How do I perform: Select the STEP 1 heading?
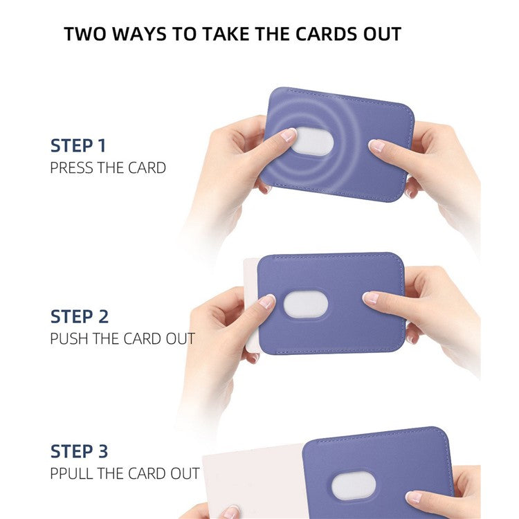(x=78, y=146)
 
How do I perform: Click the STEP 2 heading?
(x=79, y=317)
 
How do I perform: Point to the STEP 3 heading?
(x=79, y=452)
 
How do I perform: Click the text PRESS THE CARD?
(x=108, y=167)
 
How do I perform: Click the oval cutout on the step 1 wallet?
(x=312, y=143)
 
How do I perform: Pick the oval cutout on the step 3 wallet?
(x=353, y=485)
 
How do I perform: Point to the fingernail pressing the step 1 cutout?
(x=288, y=134)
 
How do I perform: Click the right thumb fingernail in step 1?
(x=376, y=145)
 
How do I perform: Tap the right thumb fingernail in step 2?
(x=372, y=297)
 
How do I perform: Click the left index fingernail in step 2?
(x=266, y=301)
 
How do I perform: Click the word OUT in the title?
(x=379, y=34)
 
